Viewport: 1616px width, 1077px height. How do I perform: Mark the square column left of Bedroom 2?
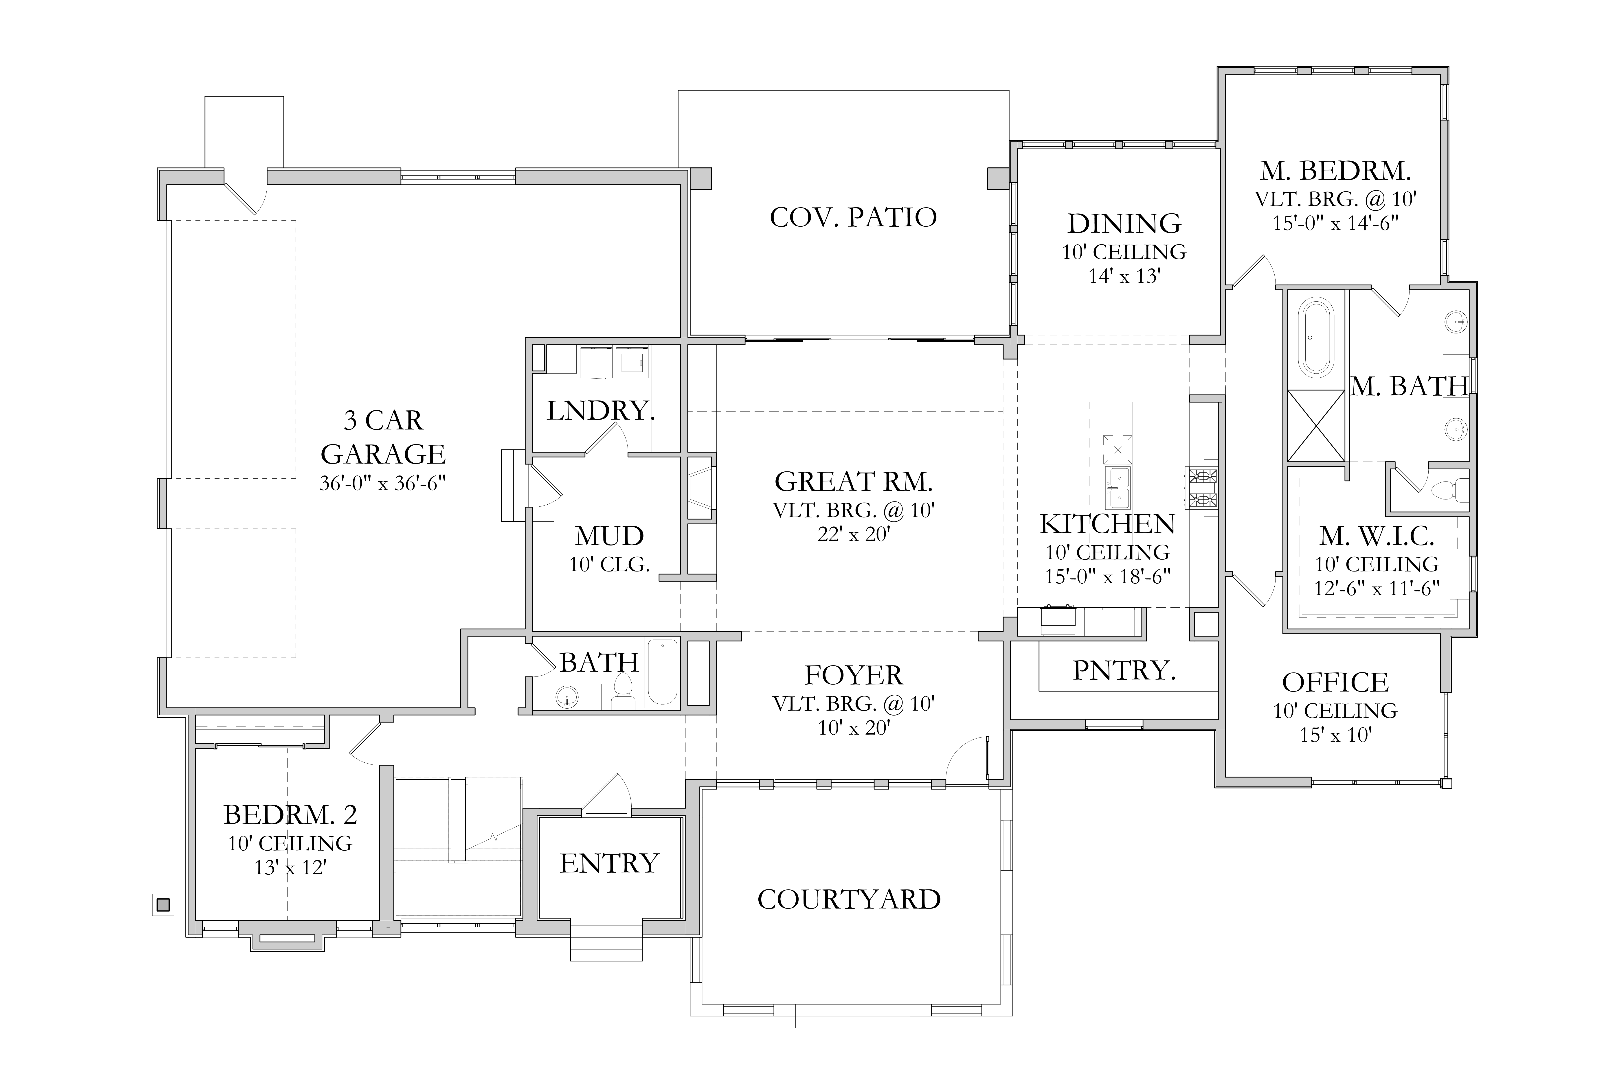163,905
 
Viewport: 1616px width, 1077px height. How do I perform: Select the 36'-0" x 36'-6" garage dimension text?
383,484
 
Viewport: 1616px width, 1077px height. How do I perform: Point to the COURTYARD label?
849,899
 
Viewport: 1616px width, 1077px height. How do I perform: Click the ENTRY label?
609,863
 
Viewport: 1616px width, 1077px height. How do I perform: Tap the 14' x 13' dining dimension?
1124,276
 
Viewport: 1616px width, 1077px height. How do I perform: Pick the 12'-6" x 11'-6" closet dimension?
1376,589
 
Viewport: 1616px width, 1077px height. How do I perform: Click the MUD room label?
609,536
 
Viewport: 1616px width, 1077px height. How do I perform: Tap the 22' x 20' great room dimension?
853,534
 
